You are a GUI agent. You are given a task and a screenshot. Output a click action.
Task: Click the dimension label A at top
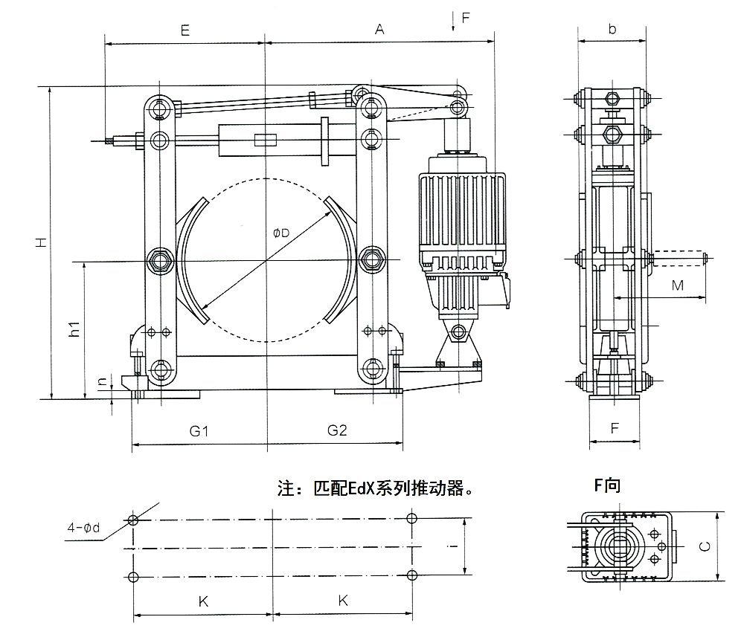(379, 30)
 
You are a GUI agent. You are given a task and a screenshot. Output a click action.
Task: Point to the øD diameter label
(280, 233)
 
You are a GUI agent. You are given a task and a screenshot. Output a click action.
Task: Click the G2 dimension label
(337, 430)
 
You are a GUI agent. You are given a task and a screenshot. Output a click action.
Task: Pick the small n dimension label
(103, 384)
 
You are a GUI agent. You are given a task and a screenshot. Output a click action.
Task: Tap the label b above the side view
(612, 29)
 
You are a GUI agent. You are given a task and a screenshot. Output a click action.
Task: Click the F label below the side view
(615, 429)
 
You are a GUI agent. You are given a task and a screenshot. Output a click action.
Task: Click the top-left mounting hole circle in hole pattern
(133, 520)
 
